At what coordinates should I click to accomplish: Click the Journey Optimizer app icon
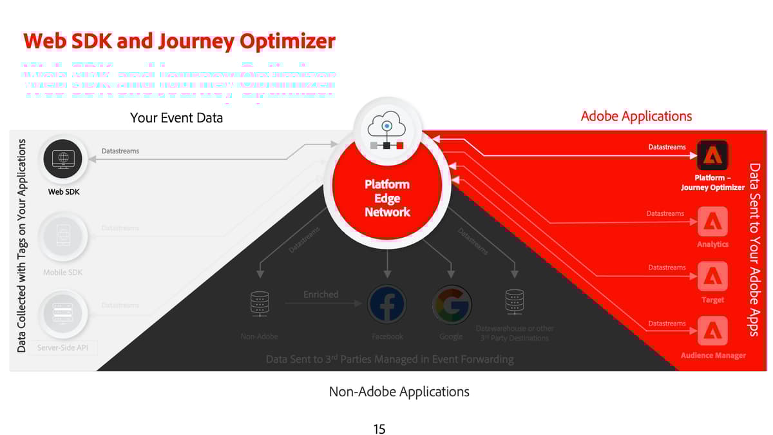pos(712,156)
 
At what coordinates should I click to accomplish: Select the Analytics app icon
pos(712,222)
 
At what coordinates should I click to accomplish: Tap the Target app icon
pos(712,277)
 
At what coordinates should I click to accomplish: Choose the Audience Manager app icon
pos(712,332)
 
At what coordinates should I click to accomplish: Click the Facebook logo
pos(387,304)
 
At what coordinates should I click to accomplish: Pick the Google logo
pos(451,304)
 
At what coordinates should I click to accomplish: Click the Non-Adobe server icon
pos(260,304)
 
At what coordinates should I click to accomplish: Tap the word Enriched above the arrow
pos(321,295)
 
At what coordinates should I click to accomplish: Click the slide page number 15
pos(379,429)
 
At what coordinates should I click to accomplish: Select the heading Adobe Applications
pos(636,117)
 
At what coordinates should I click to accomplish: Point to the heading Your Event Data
pos(177,118)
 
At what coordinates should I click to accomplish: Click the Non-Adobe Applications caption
pos(399,392)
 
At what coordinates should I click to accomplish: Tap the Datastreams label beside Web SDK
pos(120,151)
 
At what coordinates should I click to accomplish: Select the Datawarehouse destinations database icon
pos(514,303)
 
